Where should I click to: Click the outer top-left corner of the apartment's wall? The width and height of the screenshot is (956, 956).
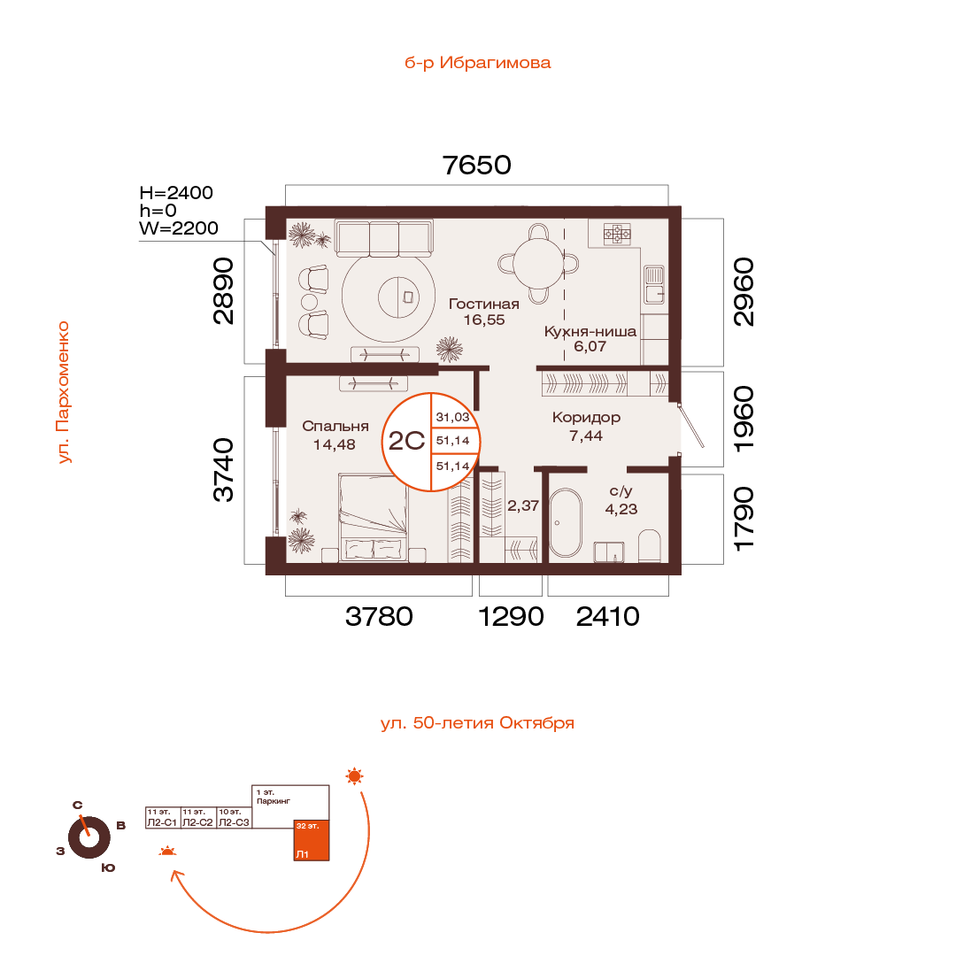point(266,206)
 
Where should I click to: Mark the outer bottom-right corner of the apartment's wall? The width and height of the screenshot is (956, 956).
point(681,574)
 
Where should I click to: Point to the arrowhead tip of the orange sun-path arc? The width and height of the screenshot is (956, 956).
point(172,871)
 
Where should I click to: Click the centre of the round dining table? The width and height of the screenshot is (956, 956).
point(538,264)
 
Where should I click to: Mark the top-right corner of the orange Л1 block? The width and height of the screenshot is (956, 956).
point(329,820)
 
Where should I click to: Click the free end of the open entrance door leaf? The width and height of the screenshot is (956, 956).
point(703,447)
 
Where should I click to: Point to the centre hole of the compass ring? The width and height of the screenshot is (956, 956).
point(89,837)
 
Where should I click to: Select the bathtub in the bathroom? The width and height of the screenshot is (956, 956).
point(566,522)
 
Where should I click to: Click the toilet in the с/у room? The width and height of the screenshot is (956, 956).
point(650,545)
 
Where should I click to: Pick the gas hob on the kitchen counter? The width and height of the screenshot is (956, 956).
point(617,234)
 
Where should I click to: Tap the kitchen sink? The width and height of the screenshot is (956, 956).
point(654,284)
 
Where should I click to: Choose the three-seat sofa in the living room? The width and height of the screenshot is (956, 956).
point(385,238)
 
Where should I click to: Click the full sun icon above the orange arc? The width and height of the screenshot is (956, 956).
point(354,776)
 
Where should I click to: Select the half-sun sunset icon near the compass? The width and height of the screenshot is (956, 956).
point(167,852)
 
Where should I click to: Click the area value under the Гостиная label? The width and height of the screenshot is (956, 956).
point(484,320)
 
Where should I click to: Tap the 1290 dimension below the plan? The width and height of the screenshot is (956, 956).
point(511,616)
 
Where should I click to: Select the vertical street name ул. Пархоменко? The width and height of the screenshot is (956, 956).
point(63,393)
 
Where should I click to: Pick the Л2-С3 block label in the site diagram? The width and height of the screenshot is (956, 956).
point(234,822)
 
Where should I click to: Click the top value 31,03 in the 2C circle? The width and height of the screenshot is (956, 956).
point(452,417)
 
